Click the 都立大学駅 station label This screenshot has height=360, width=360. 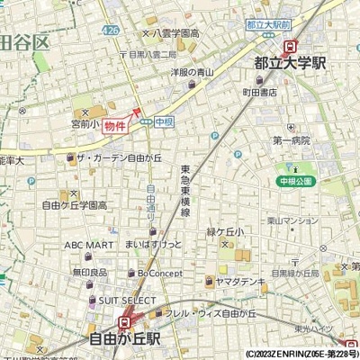(290, 63)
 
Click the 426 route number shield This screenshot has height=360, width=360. (110, 31)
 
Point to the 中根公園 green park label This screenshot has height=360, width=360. (296, 181)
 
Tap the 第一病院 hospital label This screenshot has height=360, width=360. (290, 140)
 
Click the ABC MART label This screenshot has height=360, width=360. (88, 244)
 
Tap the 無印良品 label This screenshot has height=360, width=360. (90, 272)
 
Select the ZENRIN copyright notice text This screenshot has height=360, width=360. (301, 354)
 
